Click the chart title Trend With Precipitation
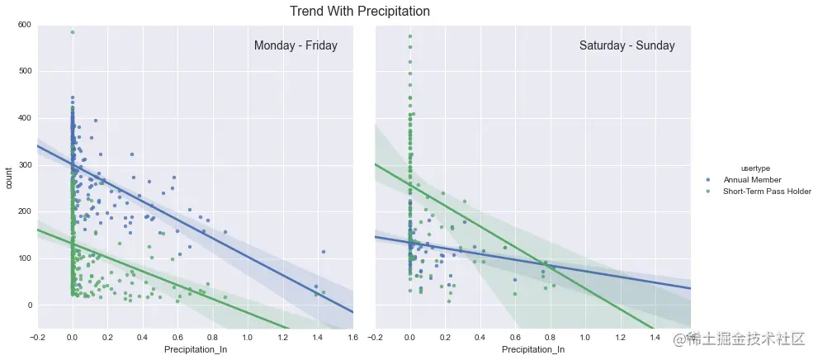360,12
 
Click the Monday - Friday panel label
296,46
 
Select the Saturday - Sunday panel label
627,46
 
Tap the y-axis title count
10,177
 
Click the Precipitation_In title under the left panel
196,350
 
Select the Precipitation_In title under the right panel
533,350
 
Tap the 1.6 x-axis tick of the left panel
353,337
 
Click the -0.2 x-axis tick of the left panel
37,337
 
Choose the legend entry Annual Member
752,180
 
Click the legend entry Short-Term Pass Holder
767,192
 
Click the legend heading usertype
756,168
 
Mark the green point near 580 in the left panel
73,32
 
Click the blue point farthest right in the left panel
324,252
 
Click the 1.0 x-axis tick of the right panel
585,337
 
